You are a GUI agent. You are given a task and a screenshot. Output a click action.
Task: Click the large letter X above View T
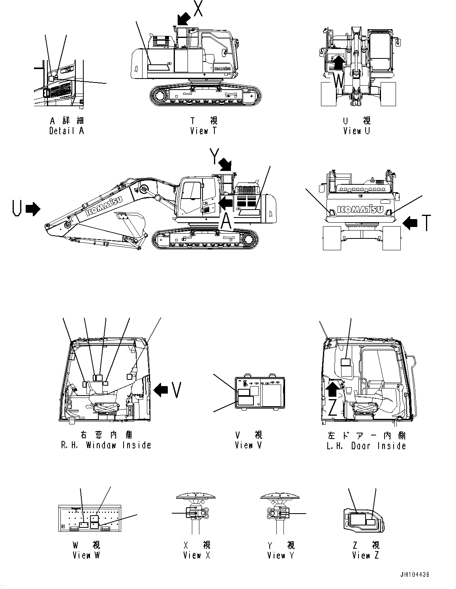tap(198, 8)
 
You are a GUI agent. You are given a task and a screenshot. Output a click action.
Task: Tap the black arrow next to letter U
tap(33, 209)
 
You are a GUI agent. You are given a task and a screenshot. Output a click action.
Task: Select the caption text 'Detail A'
tap(66, 131)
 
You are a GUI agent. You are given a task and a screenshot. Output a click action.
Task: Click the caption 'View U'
tap(357, 131)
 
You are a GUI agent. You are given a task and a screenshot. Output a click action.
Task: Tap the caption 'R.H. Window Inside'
tap(106, 445)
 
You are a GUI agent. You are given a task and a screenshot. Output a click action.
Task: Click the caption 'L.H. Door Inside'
tap(366, 446)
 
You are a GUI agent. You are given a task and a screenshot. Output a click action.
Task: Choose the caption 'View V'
tap(248, 445)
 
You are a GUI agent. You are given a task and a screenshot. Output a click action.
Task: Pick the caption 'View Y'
tap(280, 555)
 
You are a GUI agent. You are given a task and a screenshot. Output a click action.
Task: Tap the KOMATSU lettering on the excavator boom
tap(104, 206)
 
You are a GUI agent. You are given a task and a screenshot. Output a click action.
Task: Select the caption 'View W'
tap(86, 555)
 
